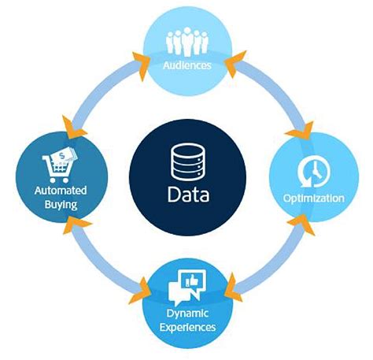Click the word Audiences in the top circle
point(187,65)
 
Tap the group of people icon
point(187,41)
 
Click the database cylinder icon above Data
point(187,161)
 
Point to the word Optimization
point(314,198)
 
